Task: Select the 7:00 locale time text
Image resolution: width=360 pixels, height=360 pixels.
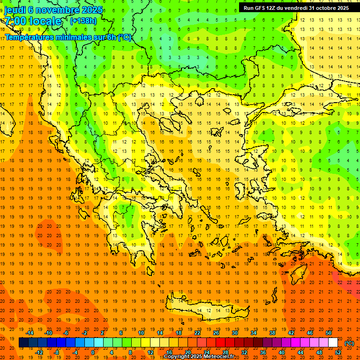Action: (33, 21)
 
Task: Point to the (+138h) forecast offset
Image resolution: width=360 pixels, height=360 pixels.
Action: (83, 21)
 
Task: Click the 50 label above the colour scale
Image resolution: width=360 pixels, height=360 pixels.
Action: (329, 333)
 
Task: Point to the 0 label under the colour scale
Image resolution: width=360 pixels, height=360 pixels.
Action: (92, 352)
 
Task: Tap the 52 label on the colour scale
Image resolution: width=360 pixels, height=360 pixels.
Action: (338, 352)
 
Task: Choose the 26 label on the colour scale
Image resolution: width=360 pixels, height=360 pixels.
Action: (216, 333)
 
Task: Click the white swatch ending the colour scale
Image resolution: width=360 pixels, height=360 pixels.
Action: (333, 343)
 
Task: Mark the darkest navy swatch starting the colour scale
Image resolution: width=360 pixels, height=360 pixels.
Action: (24, 343)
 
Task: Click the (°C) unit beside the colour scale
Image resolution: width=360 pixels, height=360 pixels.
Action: (349, 343)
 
